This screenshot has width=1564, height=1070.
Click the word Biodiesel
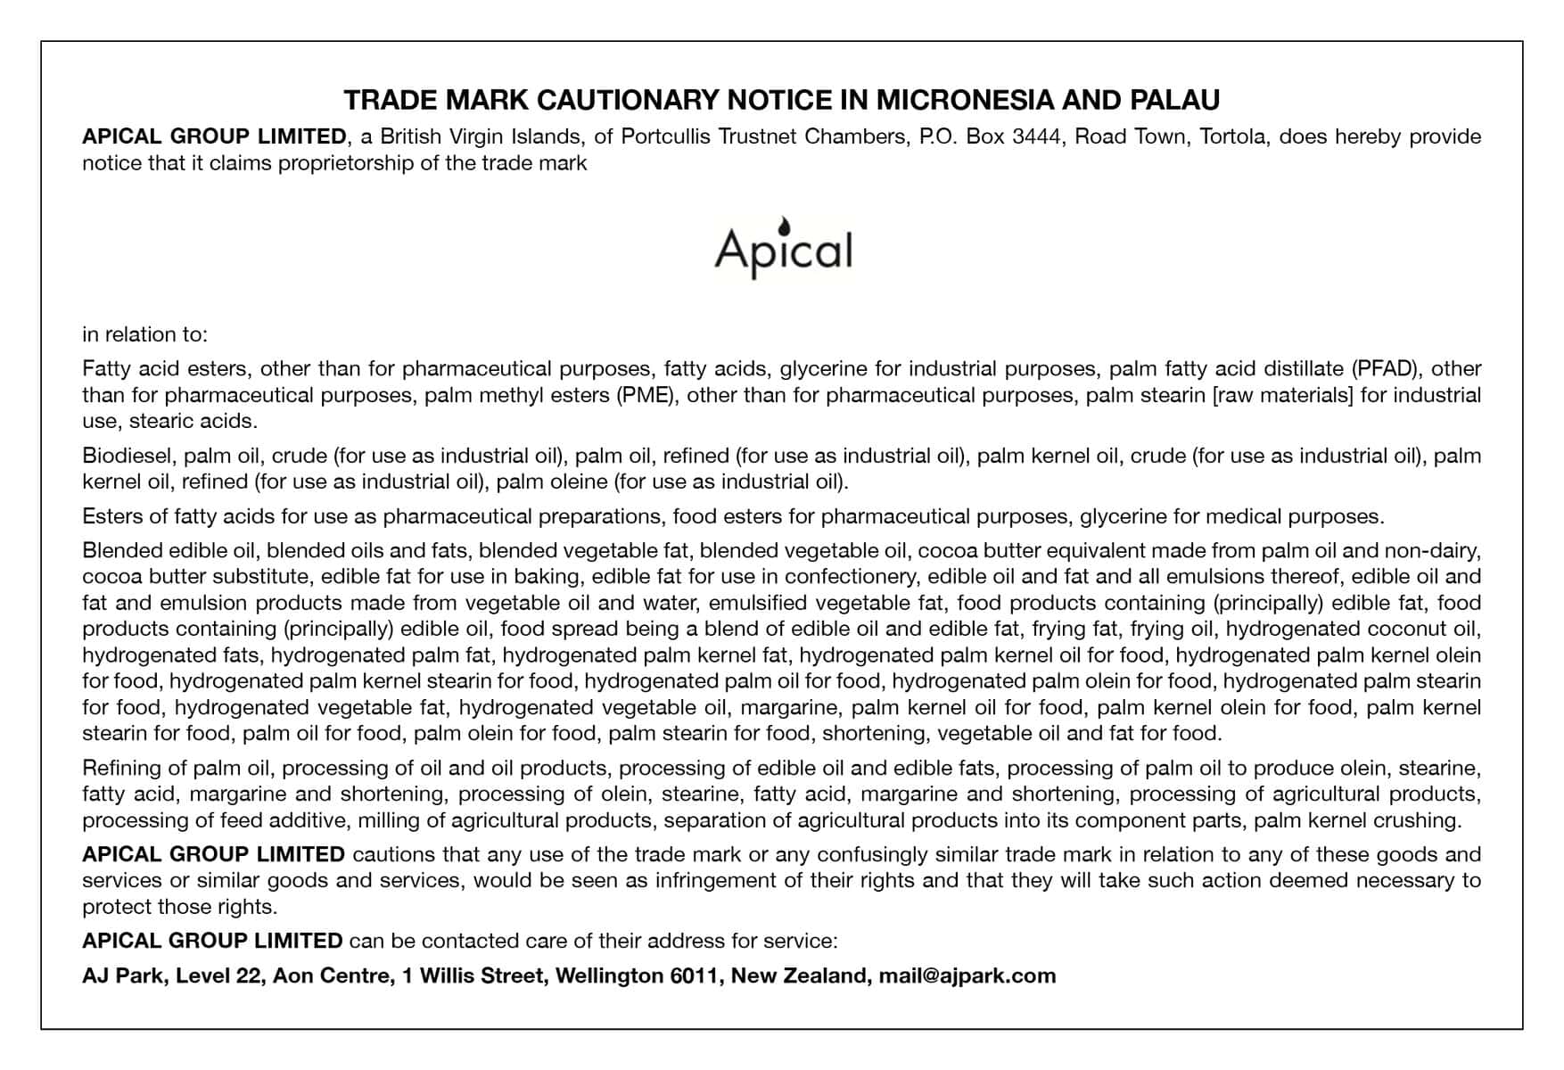click(x=128, y=456)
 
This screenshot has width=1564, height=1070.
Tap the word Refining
click(x=122, y=768)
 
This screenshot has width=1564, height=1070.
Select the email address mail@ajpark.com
click(x=967, y=975)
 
